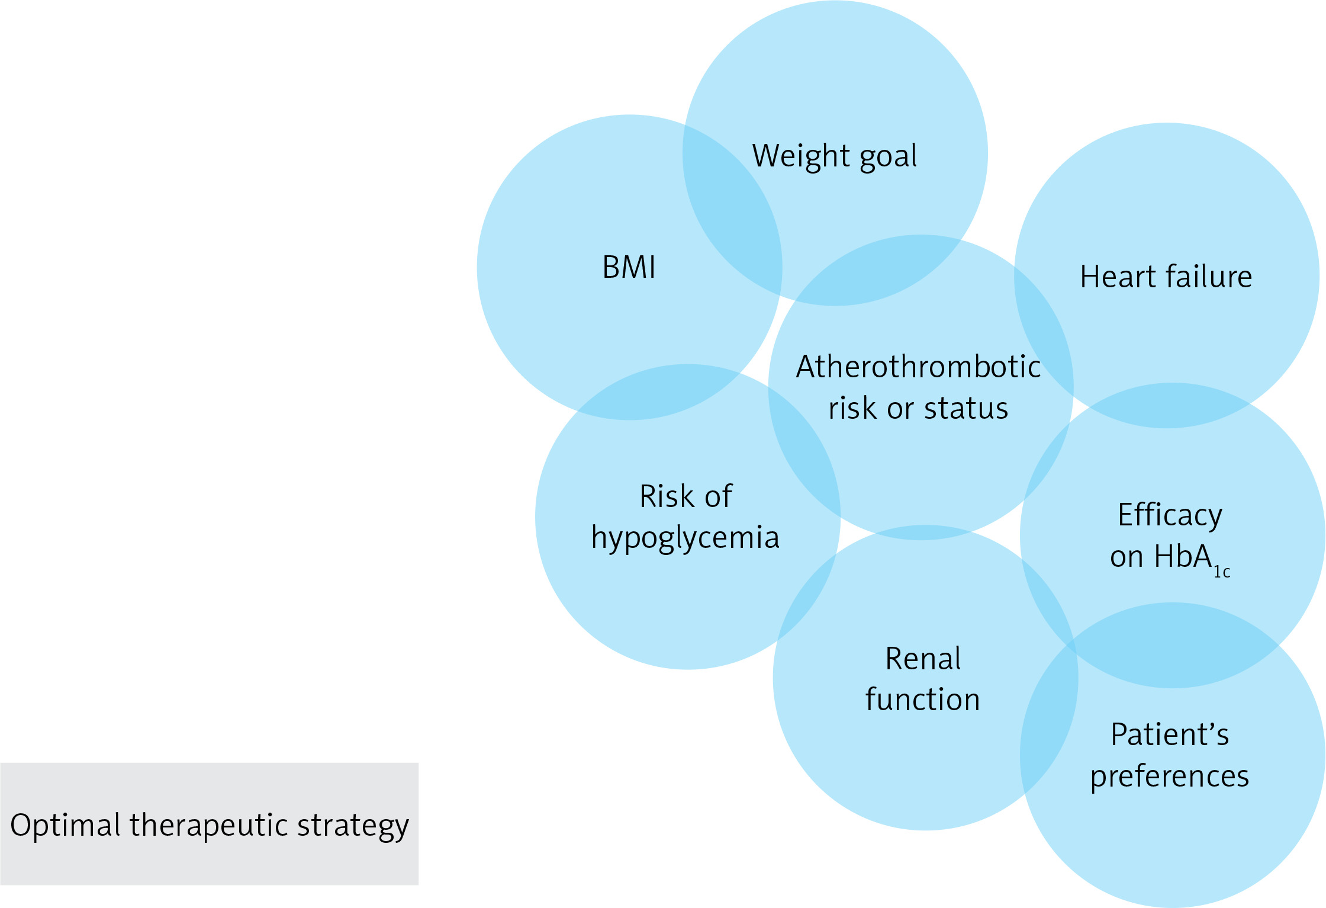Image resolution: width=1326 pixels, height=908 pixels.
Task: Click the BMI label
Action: click(629, 267)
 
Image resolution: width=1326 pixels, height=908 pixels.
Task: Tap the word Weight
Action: click(802, 156)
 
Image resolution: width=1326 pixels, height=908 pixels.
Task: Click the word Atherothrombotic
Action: click(918, 367)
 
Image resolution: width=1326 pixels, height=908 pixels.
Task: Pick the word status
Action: click(966, 409)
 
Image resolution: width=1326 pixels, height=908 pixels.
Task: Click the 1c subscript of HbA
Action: click(1222, 572)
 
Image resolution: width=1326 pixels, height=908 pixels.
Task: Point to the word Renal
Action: click(923, 659)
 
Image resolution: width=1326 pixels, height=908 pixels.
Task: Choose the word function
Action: click(922, 700)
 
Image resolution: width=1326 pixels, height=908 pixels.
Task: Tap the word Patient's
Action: click(1170, 735)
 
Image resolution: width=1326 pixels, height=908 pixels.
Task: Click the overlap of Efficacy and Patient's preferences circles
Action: click(1172, 645)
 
